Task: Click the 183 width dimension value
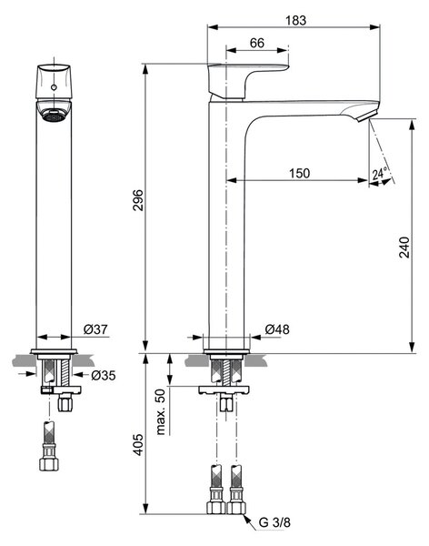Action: (295, 20)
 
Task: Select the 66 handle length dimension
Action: (257, 43)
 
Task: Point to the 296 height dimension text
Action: (138, 200)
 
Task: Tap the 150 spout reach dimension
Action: (299, 173)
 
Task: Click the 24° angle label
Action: (380, 173)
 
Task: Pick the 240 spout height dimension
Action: (404, 248)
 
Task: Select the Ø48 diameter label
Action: (277, 329)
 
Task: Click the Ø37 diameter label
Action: (95, 329)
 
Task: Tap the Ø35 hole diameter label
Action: (104, 375)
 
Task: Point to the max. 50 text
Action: (160, 412)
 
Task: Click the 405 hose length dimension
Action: (138, 445)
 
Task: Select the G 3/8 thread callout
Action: (274, 522)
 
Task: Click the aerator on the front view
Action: (54, 115)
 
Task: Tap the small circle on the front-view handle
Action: (54, 87)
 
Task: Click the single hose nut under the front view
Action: (49, 463)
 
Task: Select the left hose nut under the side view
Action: (216, 508)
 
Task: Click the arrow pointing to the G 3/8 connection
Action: (249, 521)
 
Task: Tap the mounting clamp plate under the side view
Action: (224, 390)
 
